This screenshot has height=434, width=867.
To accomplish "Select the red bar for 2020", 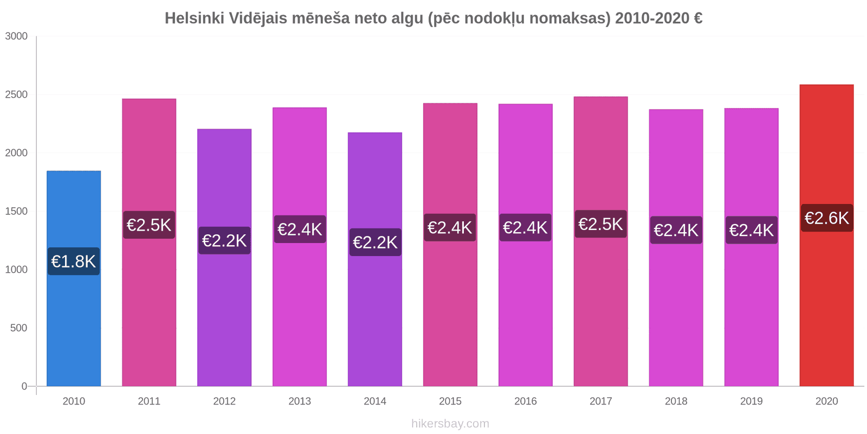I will (x=826, y=304).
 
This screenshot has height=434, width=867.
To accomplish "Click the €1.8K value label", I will (x=74, y=261).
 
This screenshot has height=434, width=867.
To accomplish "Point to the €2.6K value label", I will (x=826, y=218).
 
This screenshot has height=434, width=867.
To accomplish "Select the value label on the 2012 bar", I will (x=224, y=240).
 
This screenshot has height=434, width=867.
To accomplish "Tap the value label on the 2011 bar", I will (x=149, y=225).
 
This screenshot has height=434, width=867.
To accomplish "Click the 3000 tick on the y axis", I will (x=16, y=36).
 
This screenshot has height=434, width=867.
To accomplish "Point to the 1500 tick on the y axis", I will (x=16, y=212).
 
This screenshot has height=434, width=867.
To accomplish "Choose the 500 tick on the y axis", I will (x=19, y=328).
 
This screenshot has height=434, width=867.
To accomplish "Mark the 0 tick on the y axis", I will (x=24, y=386).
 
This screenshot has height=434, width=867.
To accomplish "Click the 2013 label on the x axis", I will (x=300, y=401).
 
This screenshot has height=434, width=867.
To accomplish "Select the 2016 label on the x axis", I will (x=526, y=401).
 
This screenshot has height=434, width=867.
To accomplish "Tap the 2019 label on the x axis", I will (x=751, y=401).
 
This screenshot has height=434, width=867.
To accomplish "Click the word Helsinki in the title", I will (x=195, y=18).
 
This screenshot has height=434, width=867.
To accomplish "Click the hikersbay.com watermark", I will (x=450, y=424).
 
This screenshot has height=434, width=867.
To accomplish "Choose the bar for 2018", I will (x=676, y=315).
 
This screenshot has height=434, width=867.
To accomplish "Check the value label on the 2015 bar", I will (x=450, y=227).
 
